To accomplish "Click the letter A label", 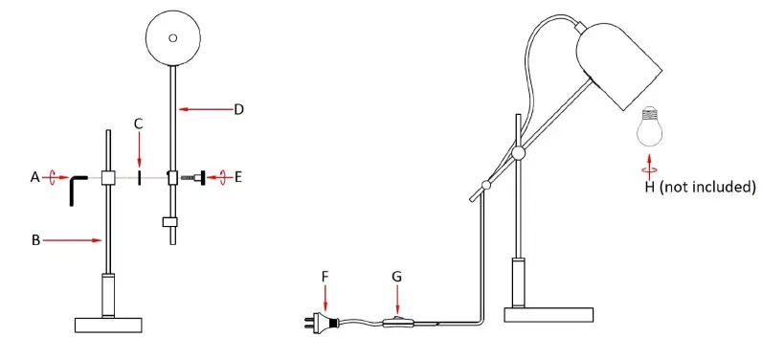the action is point(35,178).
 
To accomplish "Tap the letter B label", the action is point(35,240).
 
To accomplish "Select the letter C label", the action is point(139,124).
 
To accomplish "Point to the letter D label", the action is point(238,110).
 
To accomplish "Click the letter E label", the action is point(238,177).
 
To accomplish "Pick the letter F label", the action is point(325,277).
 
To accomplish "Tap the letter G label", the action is point(397,277).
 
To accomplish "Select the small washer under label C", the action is point(140,178).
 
